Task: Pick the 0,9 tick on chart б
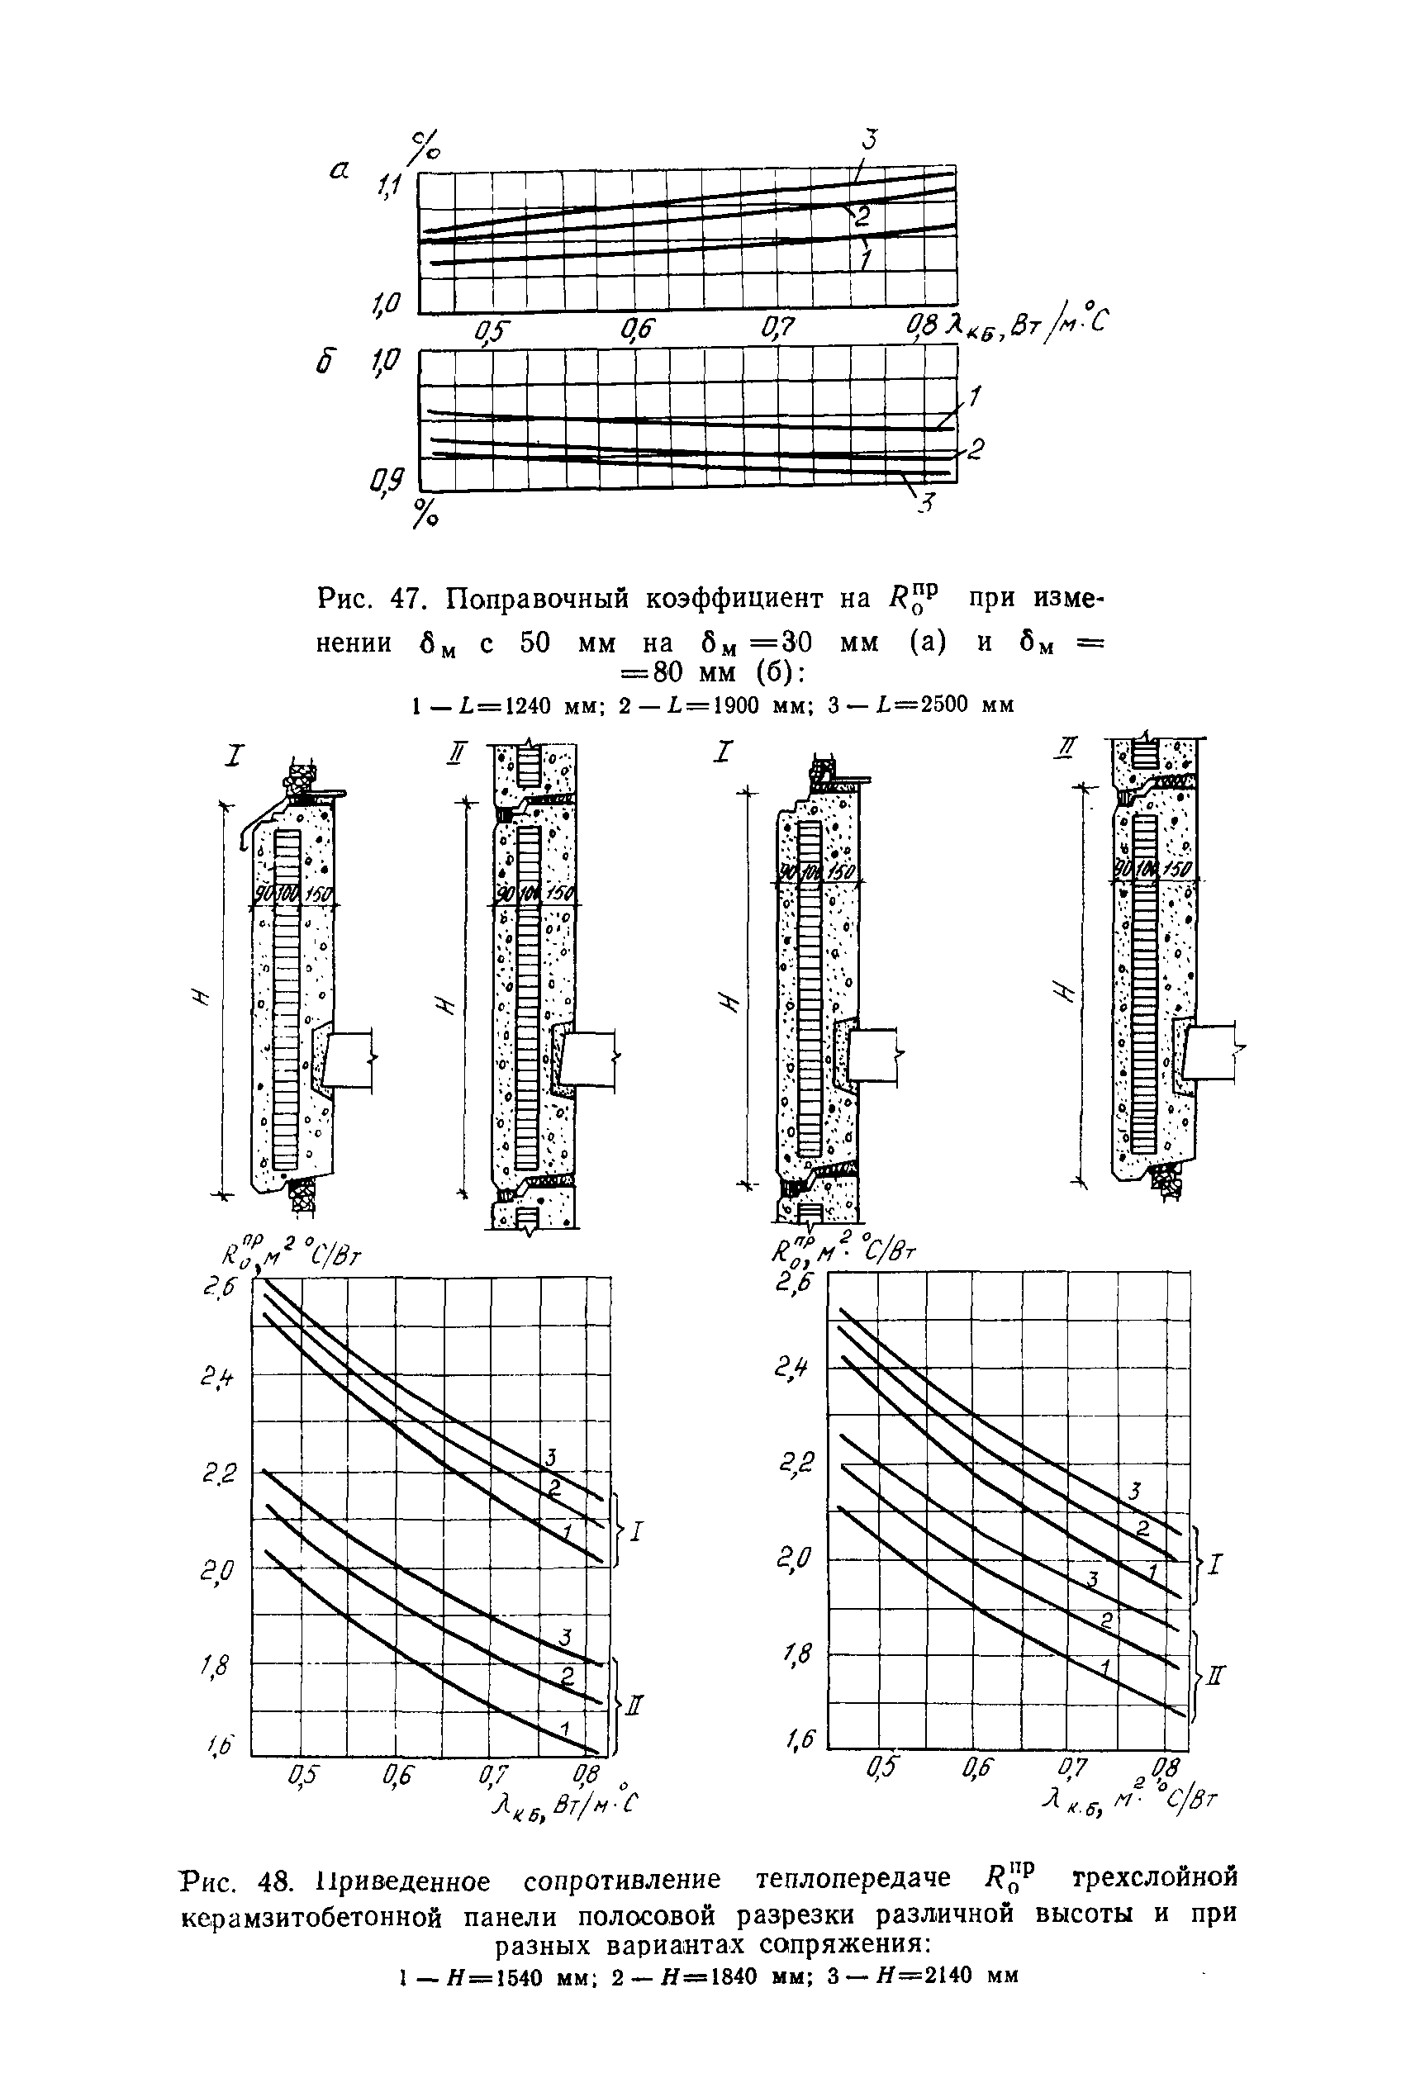tap(387, 484)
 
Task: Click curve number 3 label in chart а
tap(869, 139)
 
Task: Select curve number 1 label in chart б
tap(975, 395)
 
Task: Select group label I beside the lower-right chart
tap(1214, 1565)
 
